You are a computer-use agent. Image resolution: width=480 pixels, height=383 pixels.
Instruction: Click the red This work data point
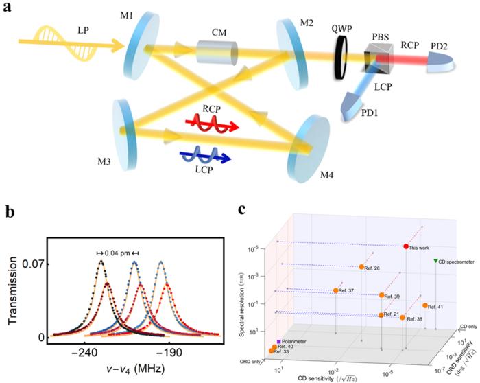pyautogui.click(x=406, y=246)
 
